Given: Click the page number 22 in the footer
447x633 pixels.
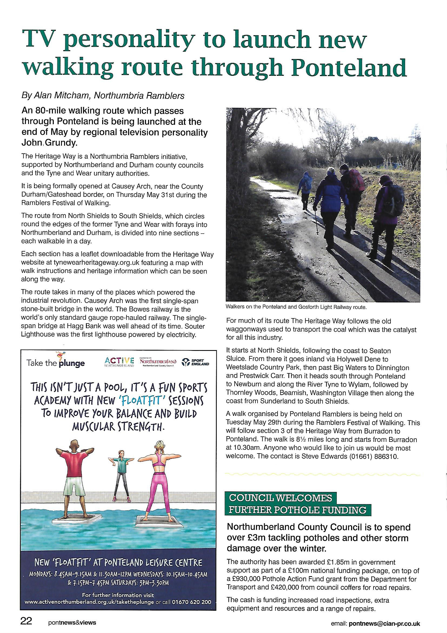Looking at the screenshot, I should (26, 622).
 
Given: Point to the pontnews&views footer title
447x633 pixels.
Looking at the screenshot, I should (72, 622).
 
